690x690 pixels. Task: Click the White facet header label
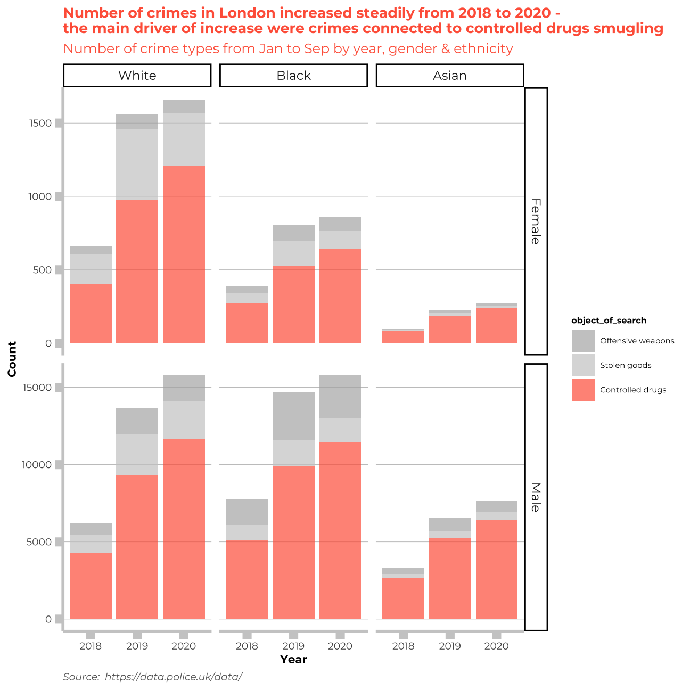(x=137, y=76)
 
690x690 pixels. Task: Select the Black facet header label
(x=293, y=76)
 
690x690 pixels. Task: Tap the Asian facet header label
(x=450, y=76)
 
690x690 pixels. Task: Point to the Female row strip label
(x=536, y=221)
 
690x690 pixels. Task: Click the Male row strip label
(x=536, y=497)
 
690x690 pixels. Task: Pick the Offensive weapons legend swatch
(x=583, y=341)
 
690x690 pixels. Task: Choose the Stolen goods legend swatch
(x=583, y=365)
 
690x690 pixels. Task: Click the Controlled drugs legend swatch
(x=583, y=390)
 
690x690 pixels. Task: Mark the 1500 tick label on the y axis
(x=41, y=124)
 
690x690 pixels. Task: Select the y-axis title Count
(x=12, y=359)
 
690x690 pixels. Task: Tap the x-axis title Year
(x=293, y=659)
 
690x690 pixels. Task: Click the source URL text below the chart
(x=174, y=677)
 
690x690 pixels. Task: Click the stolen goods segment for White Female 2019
(x=137, y=164)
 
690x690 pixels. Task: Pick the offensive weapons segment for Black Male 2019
(x=293, y=416)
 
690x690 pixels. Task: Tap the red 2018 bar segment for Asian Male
(x=403, y=598)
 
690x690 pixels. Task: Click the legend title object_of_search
(x=609, y=321)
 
